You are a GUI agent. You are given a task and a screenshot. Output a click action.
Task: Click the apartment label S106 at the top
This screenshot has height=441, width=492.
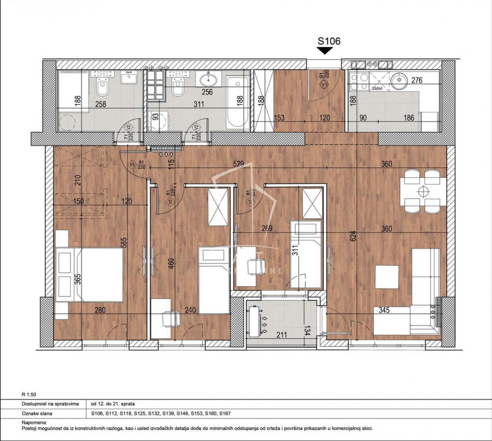tap(329, 41)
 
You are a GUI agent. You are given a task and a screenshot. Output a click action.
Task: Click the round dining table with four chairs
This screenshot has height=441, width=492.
tap(422, 190)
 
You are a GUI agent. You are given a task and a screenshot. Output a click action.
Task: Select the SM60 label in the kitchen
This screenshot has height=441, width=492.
tap(377, 88)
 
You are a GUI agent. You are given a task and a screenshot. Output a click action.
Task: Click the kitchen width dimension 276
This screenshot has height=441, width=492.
tap(417, 81)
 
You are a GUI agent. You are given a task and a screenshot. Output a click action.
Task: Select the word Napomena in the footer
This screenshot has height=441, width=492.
tap(34, 422)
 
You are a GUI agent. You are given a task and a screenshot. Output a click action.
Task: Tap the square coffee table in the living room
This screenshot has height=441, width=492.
tap(387, 277)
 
